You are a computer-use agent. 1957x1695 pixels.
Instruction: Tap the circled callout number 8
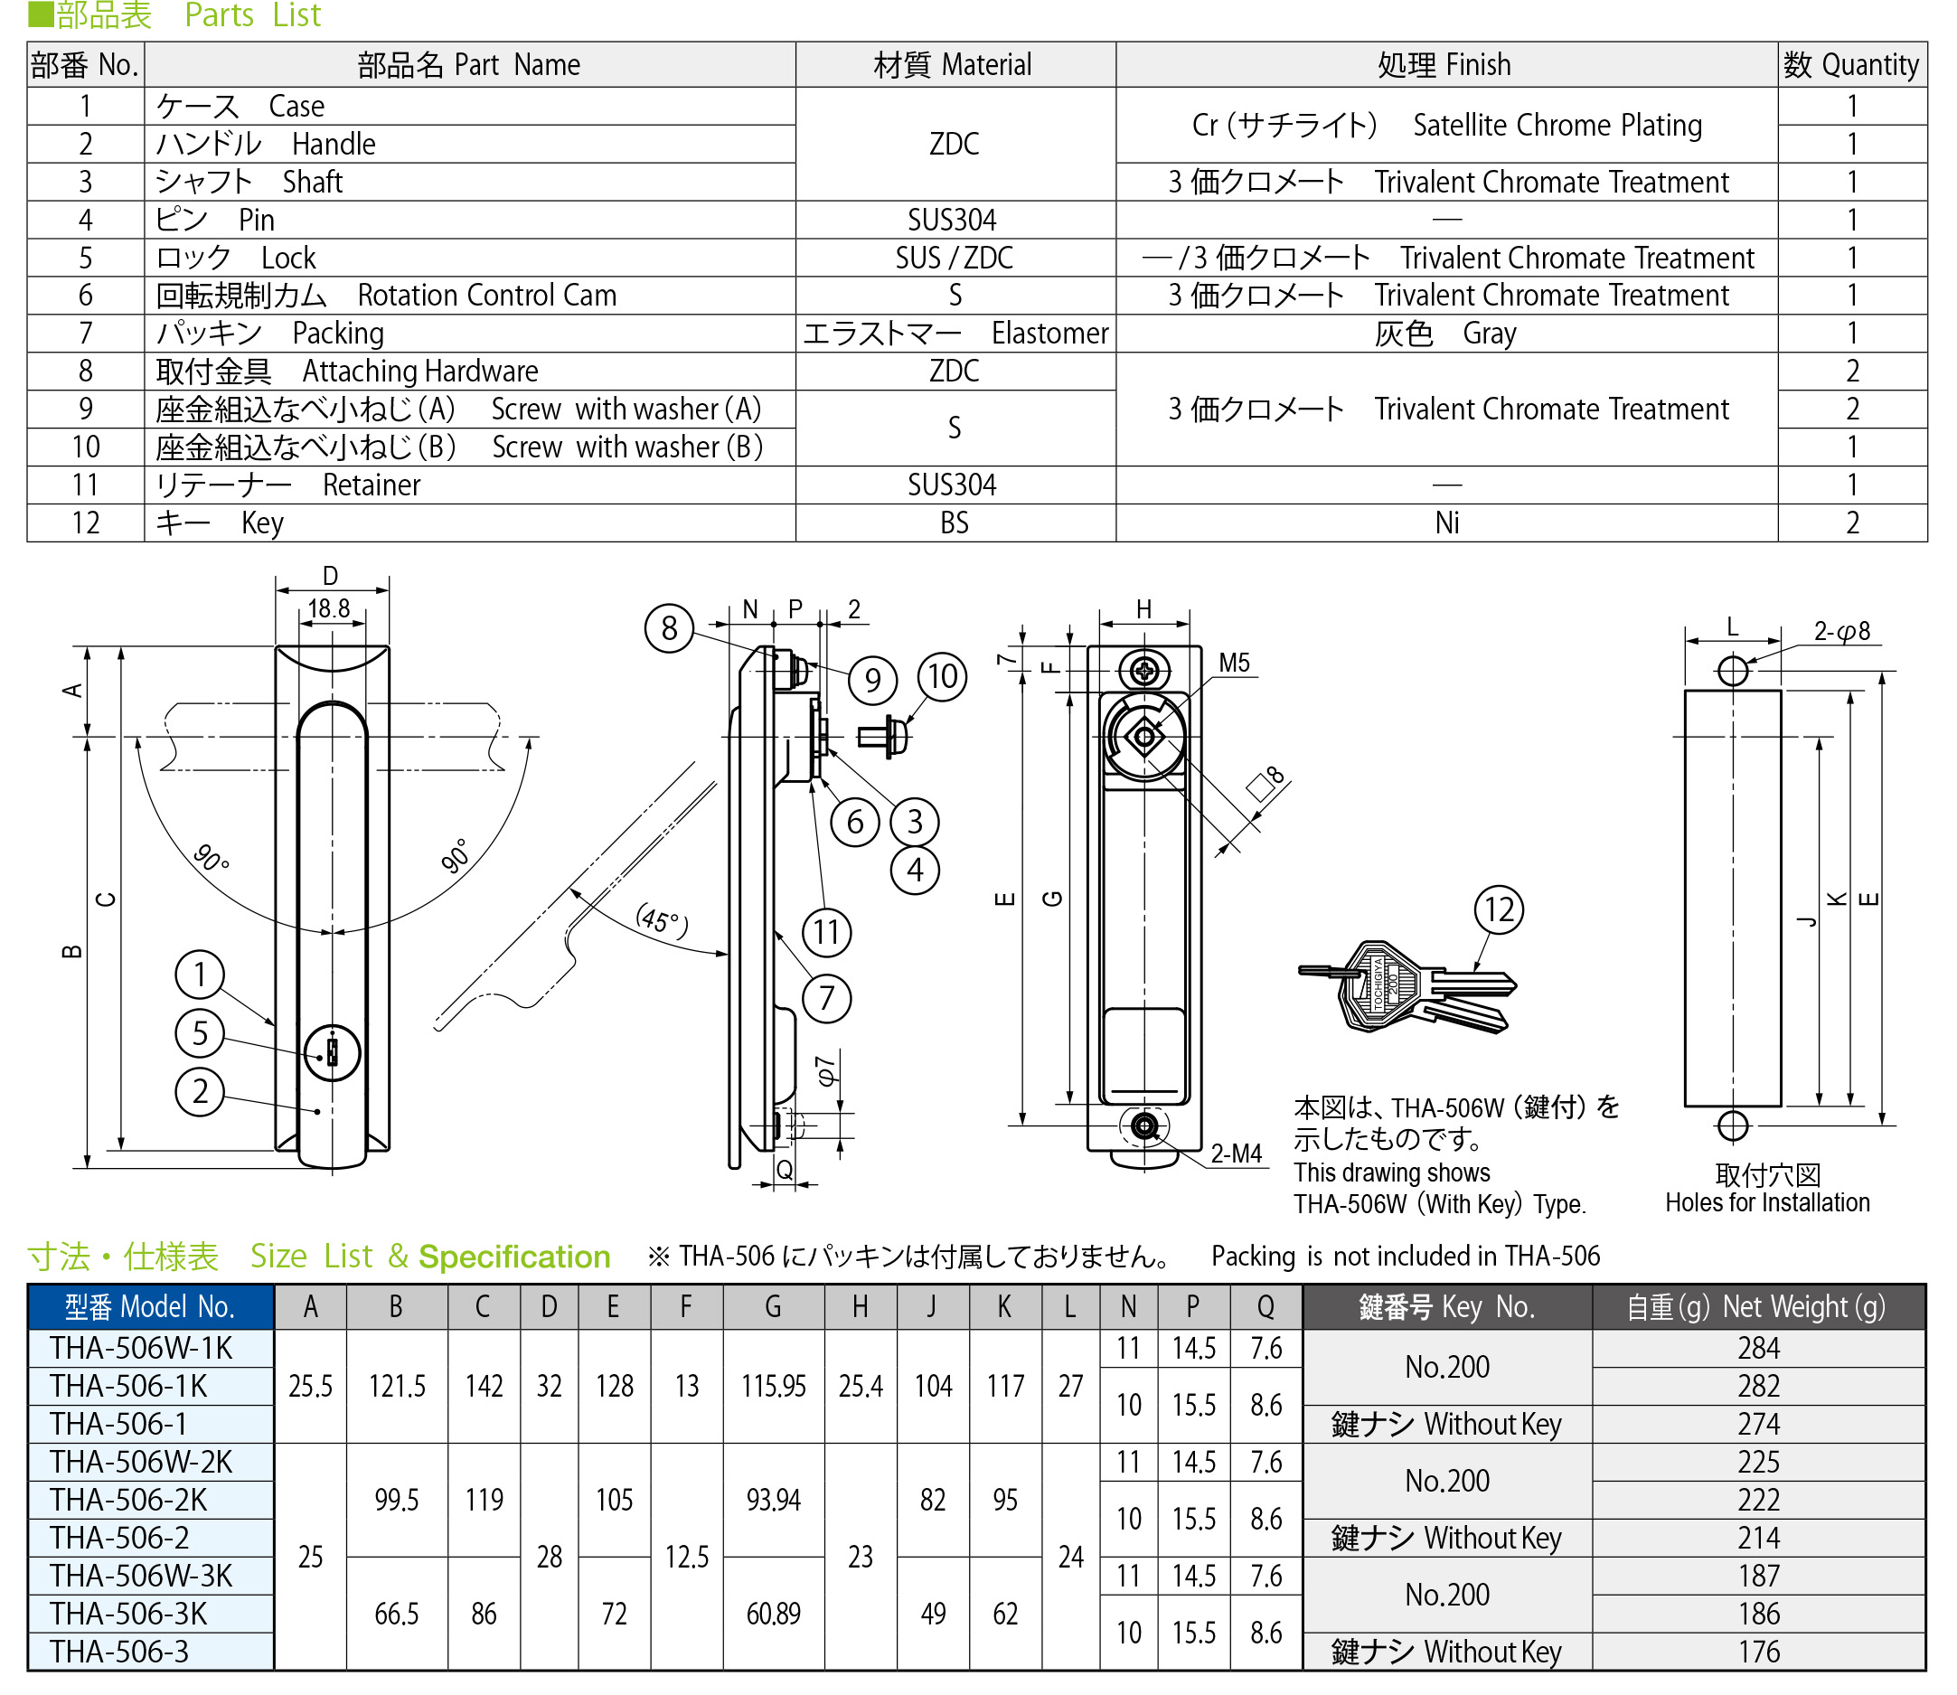click(x=669, y=628)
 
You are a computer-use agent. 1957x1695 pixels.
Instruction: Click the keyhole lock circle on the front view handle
click(x=332, y=1052)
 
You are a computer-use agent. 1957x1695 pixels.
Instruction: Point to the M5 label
click(x=1234, y=663)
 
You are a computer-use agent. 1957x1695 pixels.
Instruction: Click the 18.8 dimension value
click(x=328, y=608)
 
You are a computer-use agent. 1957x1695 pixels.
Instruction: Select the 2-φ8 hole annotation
click(x=1840, y=631)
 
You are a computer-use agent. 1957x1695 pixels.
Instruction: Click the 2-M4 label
click(x=1236, y=1154)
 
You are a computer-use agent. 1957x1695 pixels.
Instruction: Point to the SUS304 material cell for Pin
click(x=952, y=221)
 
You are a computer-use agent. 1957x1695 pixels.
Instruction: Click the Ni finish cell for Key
click(x=1446, y=523)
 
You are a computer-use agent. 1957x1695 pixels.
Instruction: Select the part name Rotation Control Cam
click(x=486, y=296)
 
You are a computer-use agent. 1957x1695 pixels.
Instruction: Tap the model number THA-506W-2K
click(x=141, y=1463)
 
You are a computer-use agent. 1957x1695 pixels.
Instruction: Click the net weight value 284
click(x=1757, y=1348)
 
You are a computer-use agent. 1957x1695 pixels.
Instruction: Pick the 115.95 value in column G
click(x=773, y=1387)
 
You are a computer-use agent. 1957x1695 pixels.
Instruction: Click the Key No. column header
click(x=1446, y=1307)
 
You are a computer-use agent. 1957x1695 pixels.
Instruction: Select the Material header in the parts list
click(x=954, y=65)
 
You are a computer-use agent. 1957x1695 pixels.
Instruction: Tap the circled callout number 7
click(x=826, y=998)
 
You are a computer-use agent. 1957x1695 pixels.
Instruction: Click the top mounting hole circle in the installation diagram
click(x=1732, y=671)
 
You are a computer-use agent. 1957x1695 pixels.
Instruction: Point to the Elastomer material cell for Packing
click(x=955, y=334)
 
